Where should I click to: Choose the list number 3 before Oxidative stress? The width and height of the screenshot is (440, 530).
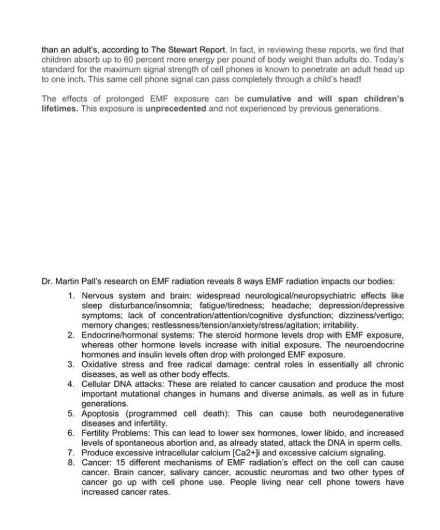(x=71, y=364)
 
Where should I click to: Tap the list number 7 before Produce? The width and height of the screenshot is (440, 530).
(x=71, y=452)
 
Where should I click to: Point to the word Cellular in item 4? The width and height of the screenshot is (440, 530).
(x=96, y=384)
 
